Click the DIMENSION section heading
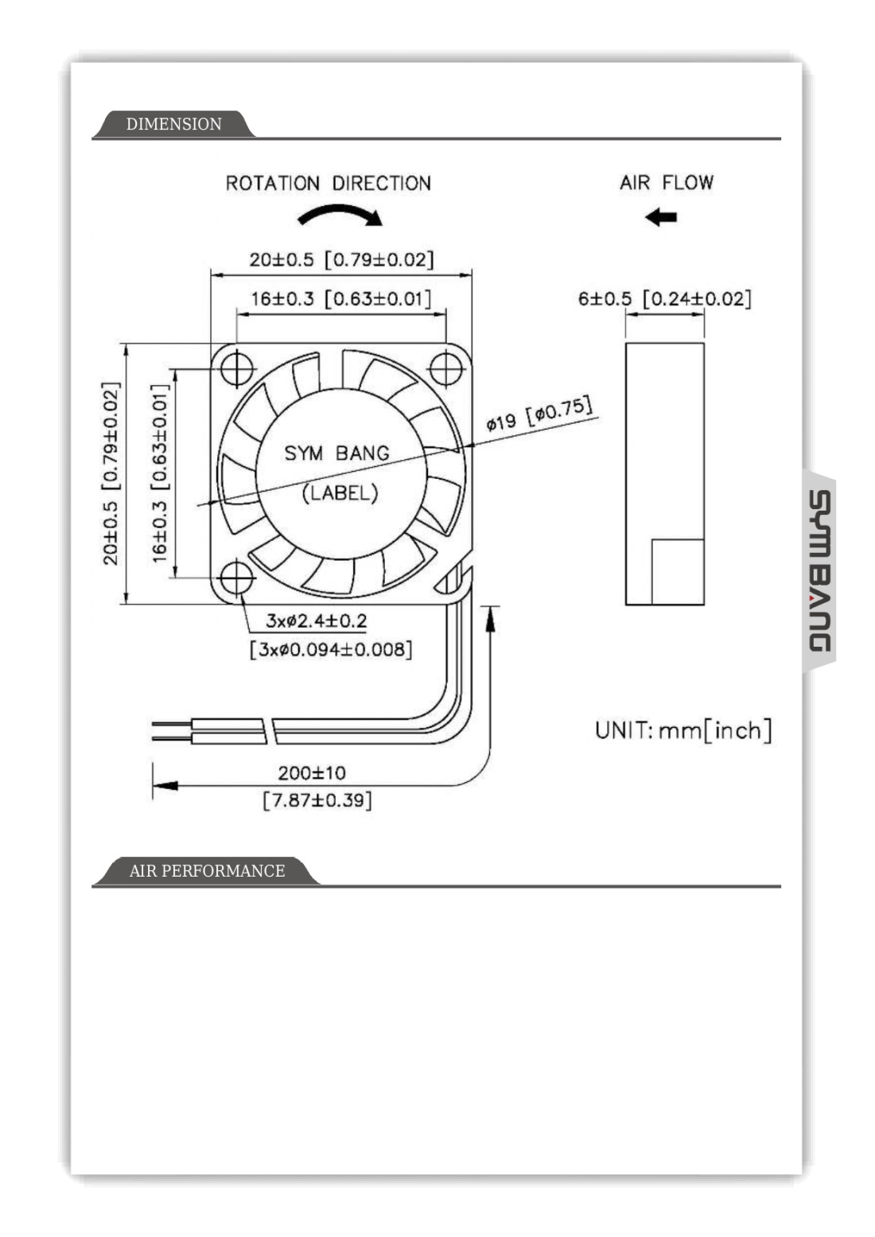173,124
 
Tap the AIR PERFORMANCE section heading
207,871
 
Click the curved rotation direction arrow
340,213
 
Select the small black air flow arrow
661,216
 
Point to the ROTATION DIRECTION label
328,184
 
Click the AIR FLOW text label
667,183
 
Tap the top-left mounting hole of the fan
236,368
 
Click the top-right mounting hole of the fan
446,368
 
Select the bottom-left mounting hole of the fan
236,578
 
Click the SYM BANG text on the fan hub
337,453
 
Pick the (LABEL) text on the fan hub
340,493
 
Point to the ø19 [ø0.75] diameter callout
539,414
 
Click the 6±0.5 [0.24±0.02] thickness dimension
664,299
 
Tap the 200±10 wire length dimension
312,772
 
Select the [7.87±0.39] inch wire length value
317,799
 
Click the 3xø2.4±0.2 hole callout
316,620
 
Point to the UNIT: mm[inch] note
683,730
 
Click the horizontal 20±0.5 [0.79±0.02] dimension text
341,260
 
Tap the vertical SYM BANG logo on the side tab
819,570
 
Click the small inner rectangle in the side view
678,571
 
